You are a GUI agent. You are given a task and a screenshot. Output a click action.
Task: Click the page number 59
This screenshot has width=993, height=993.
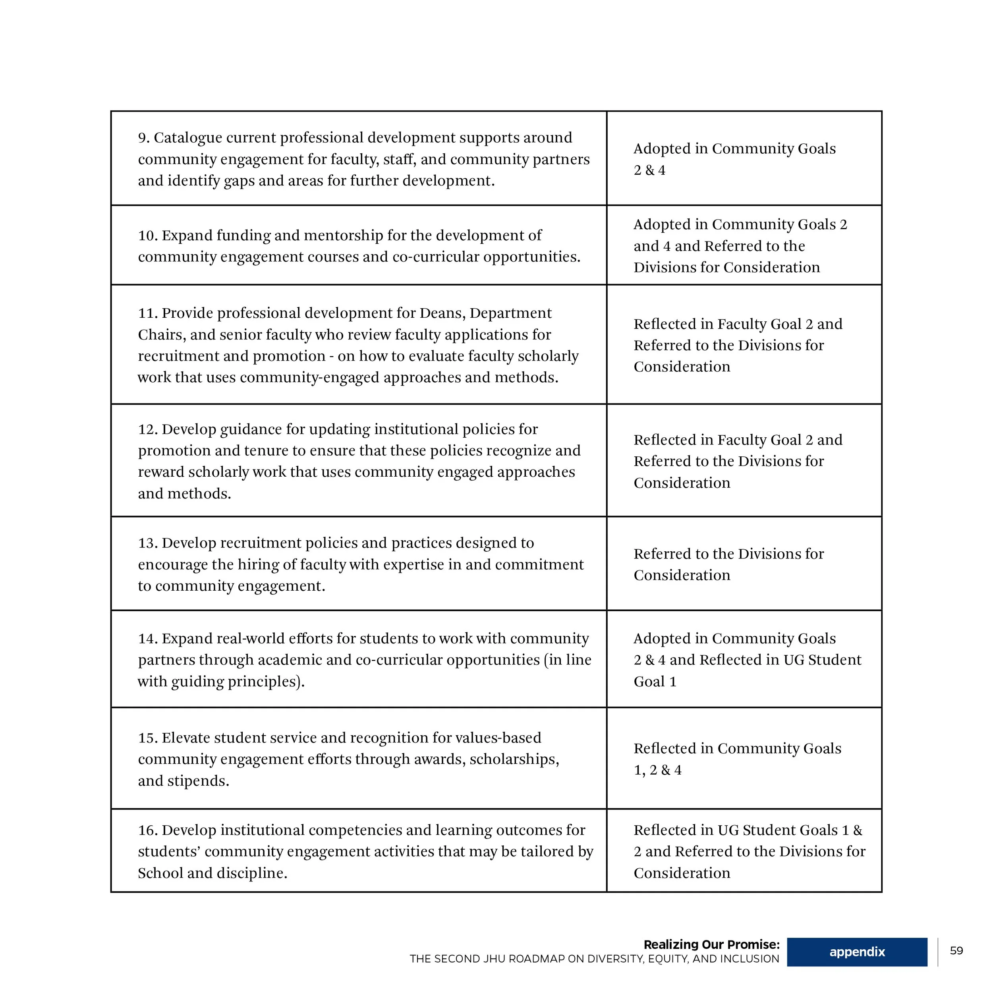click(x=956, y=950)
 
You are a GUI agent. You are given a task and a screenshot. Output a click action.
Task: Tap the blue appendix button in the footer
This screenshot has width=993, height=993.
click(x=857, y=952)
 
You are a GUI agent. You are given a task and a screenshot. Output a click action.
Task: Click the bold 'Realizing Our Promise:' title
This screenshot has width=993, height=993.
click(x=711, y=944)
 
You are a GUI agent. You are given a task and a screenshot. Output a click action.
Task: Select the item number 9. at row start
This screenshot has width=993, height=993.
click(x=143, y=138)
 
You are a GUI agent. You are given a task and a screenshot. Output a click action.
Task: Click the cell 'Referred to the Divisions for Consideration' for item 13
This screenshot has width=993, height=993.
click(x=728, y=564)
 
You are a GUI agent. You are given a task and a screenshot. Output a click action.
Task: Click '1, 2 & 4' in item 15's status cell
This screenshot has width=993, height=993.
click(x=657, y=770)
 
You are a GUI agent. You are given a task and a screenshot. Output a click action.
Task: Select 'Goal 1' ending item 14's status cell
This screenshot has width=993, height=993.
click(x=655, y=682)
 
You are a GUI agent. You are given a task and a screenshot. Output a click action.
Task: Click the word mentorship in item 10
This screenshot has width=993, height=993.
click(x=343, y=236)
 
